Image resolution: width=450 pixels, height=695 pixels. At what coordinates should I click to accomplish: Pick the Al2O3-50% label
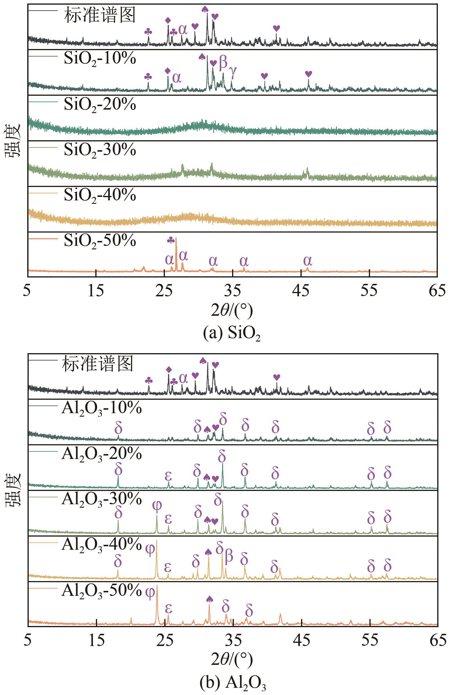pos(101,590)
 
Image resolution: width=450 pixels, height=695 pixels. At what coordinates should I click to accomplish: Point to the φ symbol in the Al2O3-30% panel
pos(157,505)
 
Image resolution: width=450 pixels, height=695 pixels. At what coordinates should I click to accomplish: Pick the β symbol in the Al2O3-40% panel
pos(229,556)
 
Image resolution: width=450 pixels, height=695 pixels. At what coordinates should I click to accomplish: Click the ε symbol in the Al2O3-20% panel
pos(168,476)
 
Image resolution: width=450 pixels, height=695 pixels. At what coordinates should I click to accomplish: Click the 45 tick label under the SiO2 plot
pos(301,291)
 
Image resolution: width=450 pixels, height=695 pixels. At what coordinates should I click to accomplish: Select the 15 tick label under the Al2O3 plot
pos(96,641)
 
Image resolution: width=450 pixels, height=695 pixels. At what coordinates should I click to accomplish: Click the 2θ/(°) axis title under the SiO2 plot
pos(232,311)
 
